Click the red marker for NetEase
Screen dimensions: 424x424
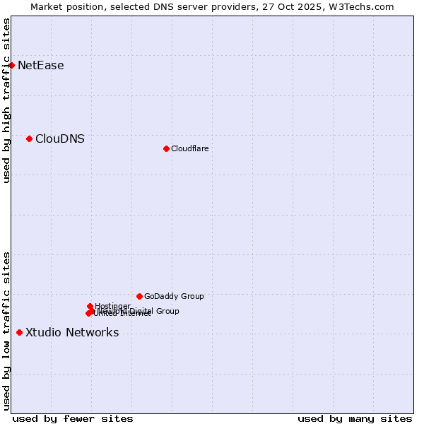11,65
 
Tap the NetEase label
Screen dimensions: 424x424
40,66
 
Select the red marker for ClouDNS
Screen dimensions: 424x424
29,139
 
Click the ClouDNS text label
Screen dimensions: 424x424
59,139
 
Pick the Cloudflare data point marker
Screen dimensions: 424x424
166,148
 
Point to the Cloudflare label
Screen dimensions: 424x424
189,148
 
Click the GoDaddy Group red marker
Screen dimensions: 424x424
139,296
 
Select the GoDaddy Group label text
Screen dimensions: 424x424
174,297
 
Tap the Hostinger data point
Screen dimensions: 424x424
90,306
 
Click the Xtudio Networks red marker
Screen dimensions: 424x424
19,332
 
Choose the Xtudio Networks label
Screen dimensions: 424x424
72,333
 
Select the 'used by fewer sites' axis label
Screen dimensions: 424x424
73,418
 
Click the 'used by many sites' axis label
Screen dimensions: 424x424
355,418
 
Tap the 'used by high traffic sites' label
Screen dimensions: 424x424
7,100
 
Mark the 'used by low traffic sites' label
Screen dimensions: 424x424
7,331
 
